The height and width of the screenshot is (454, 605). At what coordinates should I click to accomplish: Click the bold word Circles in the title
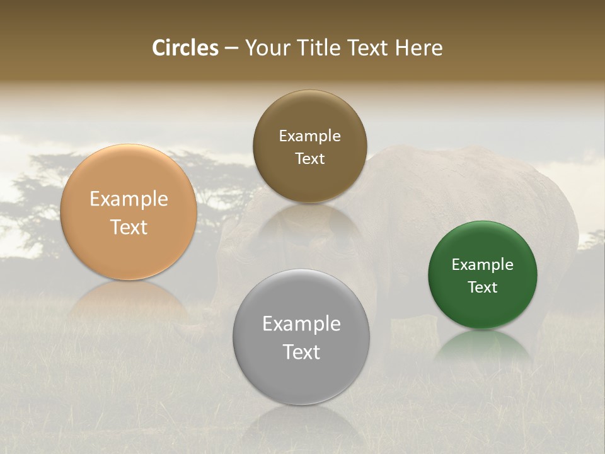click(185, 48)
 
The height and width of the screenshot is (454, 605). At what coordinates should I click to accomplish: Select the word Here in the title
click(419, 48)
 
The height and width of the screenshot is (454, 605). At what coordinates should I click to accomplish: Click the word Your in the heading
click(265, 48)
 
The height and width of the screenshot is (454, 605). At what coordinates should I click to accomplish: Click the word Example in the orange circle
click(129, 199)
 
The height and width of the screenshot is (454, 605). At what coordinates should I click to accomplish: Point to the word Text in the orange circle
click(129, 227)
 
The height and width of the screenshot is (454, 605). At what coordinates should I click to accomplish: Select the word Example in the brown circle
click(309, 136)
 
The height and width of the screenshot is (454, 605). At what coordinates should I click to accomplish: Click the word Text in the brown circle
click(309, 159)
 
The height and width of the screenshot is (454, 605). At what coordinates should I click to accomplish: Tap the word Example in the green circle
click(482, 265)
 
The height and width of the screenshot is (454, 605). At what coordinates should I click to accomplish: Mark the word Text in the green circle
click(482, 288)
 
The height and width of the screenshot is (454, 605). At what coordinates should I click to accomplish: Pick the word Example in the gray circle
click(301, 324)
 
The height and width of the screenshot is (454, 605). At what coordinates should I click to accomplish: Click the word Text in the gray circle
click(301, 352)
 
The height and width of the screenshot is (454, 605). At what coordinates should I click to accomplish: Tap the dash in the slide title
click(231, 49)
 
